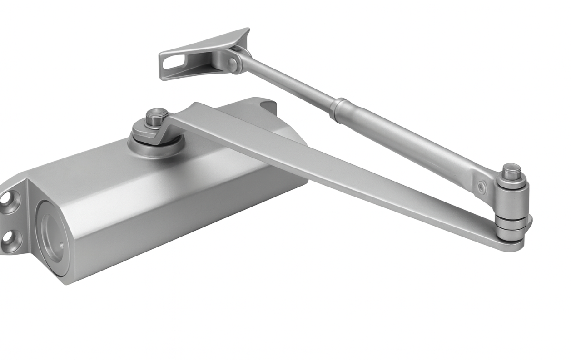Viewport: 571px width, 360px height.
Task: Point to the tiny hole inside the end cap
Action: click(61, 246)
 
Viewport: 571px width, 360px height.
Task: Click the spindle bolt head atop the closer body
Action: click(157, 117)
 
